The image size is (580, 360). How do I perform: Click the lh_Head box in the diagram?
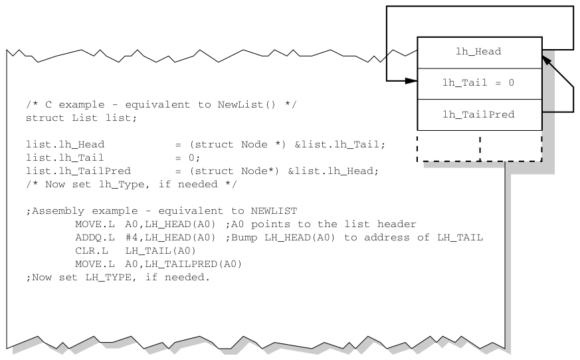[479, 52]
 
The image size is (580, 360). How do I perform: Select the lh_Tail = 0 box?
[479, 84]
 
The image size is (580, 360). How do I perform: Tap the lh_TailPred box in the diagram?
[479, 114]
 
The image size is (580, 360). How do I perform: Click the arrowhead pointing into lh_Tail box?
[412, 82]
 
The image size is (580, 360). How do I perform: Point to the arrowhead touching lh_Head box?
[545, 60]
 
